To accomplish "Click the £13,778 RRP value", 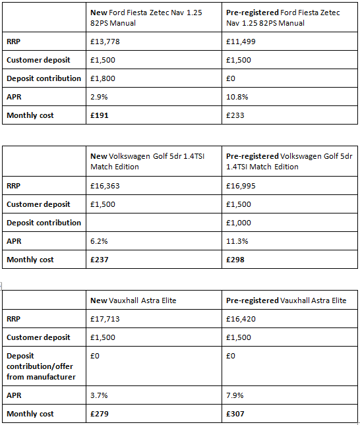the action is click(104, 41).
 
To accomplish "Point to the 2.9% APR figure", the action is click(98, 97).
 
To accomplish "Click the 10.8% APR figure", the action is click(236, 97).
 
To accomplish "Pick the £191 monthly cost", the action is click(99, 116).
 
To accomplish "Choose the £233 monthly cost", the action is click(234, 116).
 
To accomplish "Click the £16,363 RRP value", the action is click(104, 186).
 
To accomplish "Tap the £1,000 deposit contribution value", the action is click(237, 223).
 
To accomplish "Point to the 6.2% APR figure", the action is click(98, 241).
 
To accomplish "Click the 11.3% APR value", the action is click(236, 241).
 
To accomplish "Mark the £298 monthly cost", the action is click(235, 260).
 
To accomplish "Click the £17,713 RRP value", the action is click(104, 319).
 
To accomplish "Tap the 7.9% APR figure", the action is click(234, 395).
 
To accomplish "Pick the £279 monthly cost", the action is click(99, 414).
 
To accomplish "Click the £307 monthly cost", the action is click(235, 414).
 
